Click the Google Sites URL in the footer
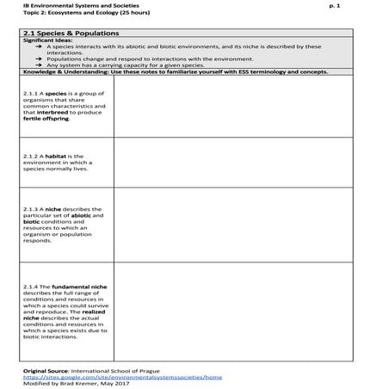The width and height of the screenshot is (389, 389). [x=122, y=377]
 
